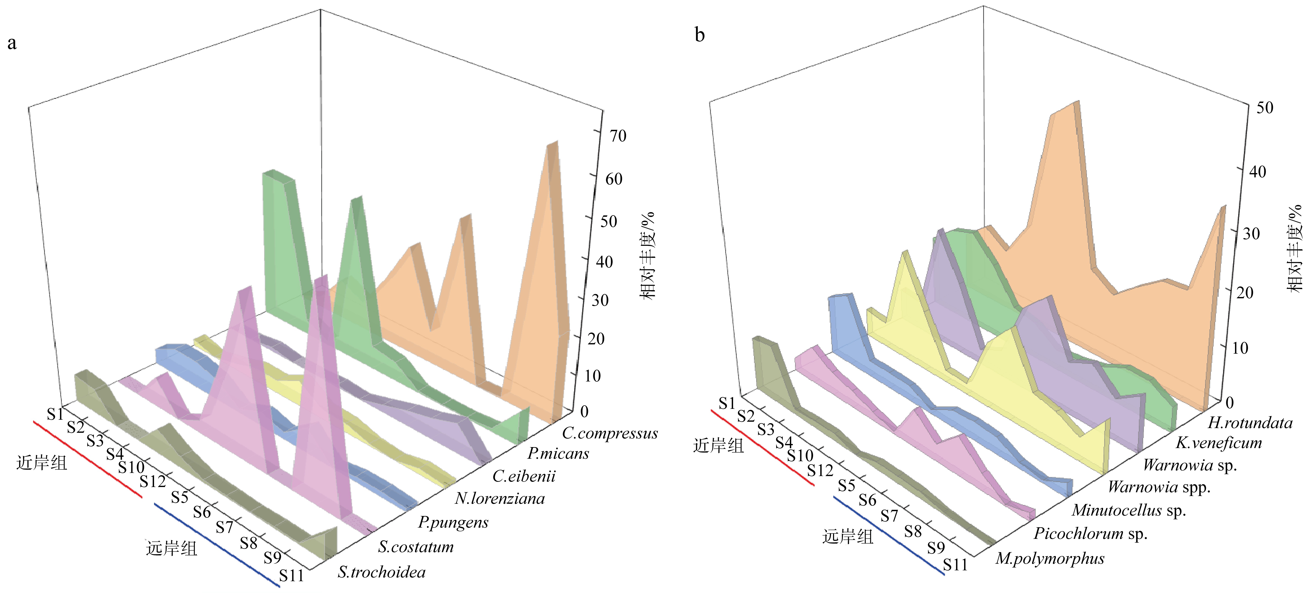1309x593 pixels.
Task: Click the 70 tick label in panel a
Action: coord(618,136)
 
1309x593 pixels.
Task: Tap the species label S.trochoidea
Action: coord(382,572)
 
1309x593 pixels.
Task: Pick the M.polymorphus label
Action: coord(1050,559)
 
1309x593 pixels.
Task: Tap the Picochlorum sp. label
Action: coord(1091,534)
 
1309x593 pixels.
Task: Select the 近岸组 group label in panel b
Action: coord(718,446)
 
